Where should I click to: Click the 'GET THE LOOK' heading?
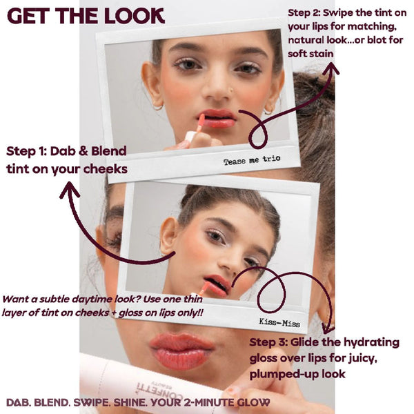point(86,16)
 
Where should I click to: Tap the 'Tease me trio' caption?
point(252,161)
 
